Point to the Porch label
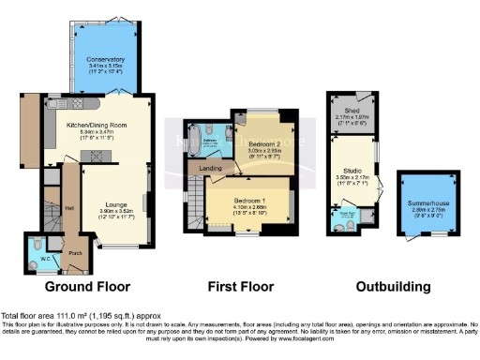(75, 250)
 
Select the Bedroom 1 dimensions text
(253, 211)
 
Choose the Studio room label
(355, 171)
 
